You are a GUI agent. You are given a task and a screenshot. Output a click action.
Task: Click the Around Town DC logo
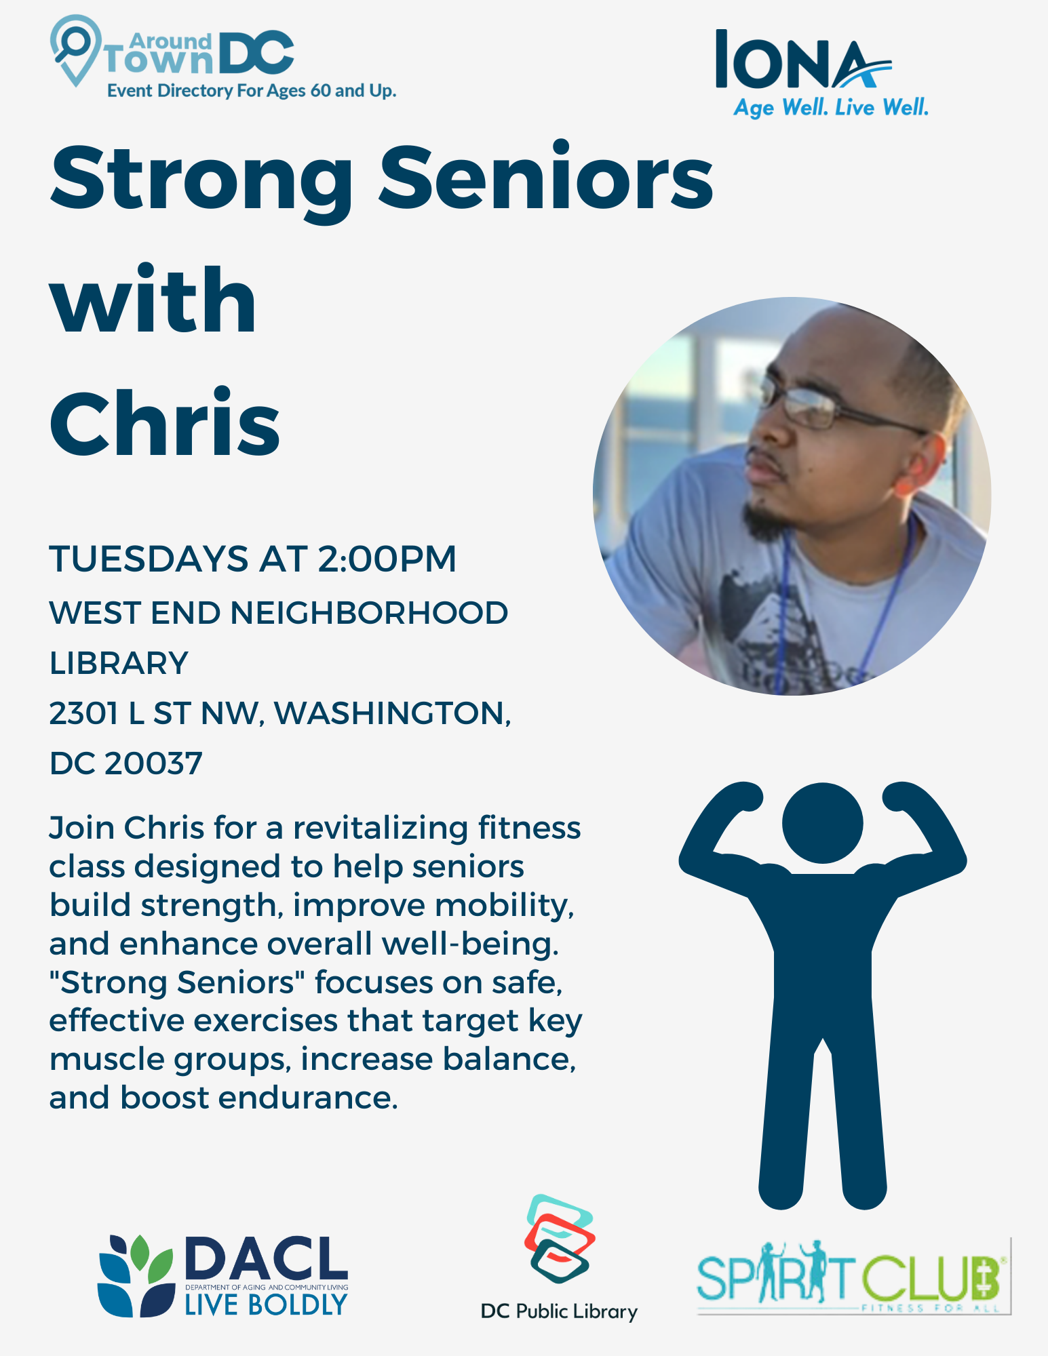click(x=222, y=58)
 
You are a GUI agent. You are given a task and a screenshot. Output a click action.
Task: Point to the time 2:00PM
click(x=387, y=559)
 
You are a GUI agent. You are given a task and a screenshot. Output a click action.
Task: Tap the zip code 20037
click(x=153, y=763)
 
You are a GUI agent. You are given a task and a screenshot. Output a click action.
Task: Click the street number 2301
click(x=83, y=713)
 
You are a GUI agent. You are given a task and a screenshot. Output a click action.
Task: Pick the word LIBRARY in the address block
click(x=119, y=663)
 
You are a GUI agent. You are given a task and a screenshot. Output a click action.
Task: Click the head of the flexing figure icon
click(x=822, y=823)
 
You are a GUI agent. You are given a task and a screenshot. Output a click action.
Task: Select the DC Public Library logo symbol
click(x=560, y=1239)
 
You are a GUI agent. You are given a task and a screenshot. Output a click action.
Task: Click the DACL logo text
click(x=266, y=1258)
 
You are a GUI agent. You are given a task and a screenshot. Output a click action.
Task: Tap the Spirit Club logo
click(x=853, y=1276)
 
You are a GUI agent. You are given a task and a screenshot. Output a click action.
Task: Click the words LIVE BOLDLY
click(x=266, y=1304)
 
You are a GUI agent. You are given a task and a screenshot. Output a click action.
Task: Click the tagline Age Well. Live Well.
click(x=832, y=107)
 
